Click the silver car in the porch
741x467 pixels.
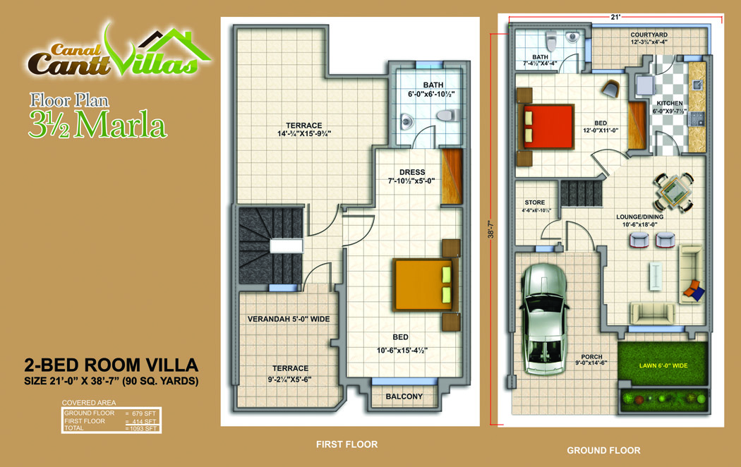pos(543,320)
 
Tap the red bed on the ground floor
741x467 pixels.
pos(548,126)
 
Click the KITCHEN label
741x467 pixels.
pos(670,103)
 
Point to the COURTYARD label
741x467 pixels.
pos(649,35)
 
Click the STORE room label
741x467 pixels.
pos(534,202)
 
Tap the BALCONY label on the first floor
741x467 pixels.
pos(404,396)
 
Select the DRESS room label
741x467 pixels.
pos(412,172)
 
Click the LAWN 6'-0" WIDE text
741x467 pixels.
pos(663,365)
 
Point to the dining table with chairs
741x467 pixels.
pos(674,192)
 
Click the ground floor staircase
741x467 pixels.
pos(582,193)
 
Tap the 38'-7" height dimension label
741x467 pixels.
pos(491,229)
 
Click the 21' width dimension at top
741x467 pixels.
pos(615,17)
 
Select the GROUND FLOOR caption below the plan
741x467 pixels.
pos(603,451)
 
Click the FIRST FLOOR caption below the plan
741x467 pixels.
pos(347,444)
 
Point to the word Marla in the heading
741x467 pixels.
pos(121,125)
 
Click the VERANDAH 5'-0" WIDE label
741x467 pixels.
pos(289,319)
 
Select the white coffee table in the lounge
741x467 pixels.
pos(656,276)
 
